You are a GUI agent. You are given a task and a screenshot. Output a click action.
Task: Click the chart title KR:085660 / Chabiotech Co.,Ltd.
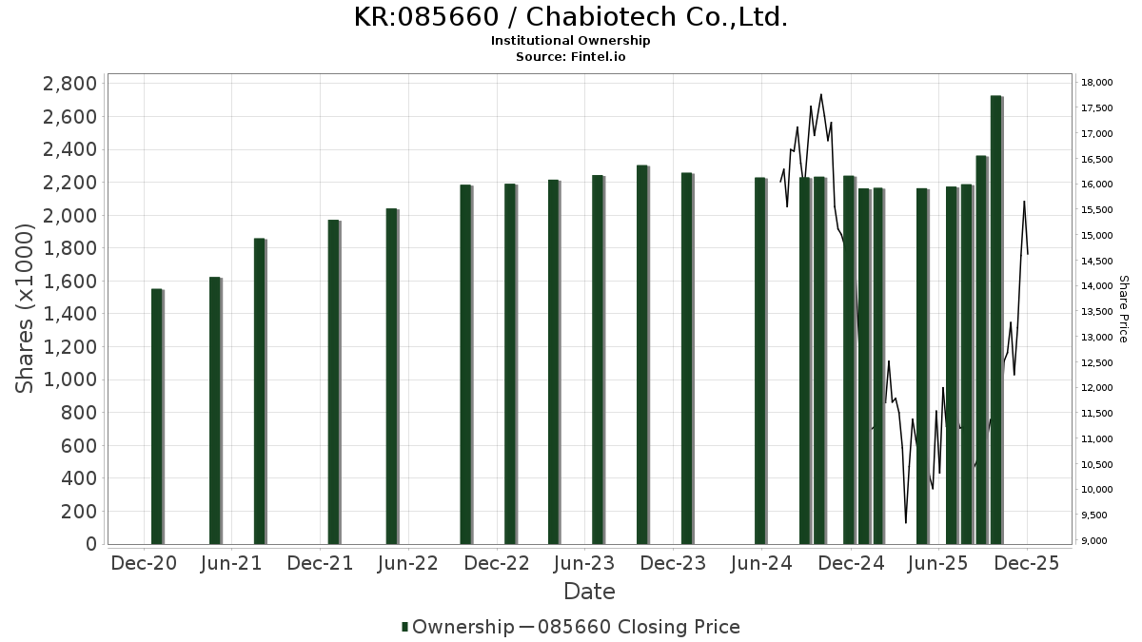(x=570, y=17)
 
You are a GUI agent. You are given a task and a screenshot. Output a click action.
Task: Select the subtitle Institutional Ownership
(x=570, y=41)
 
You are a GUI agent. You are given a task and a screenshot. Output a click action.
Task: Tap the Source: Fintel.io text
(x=570, y=56)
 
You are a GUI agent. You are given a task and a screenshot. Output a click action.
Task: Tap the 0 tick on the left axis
(x=90, y=544)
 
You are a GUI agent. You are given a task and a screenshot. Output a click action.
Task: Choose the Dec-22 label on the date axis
(x=496, y=563)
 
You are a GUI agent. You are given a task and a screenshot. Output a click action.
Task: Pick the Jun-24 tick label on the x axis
(x=762, y=563)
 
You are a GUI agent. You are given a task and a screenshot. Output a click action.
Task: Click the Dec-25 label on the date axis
(x=1027, y=563)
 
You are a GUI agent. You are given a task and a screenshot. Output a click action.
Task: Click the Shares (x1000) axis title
(x=26, y=314)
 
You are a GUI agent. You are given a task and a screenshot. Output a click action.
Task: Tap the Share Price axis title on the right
(x=1123, y=309)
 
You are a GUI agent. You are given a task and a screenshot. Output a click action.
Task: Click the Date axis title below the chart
(x=589, y=592)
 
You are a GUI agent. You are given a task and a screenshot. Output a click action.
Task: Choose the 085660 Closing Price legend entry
(x=631, y=627)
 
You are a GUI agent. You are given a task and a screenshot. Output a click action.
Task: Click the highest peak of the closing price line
(x=820, y=94)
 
